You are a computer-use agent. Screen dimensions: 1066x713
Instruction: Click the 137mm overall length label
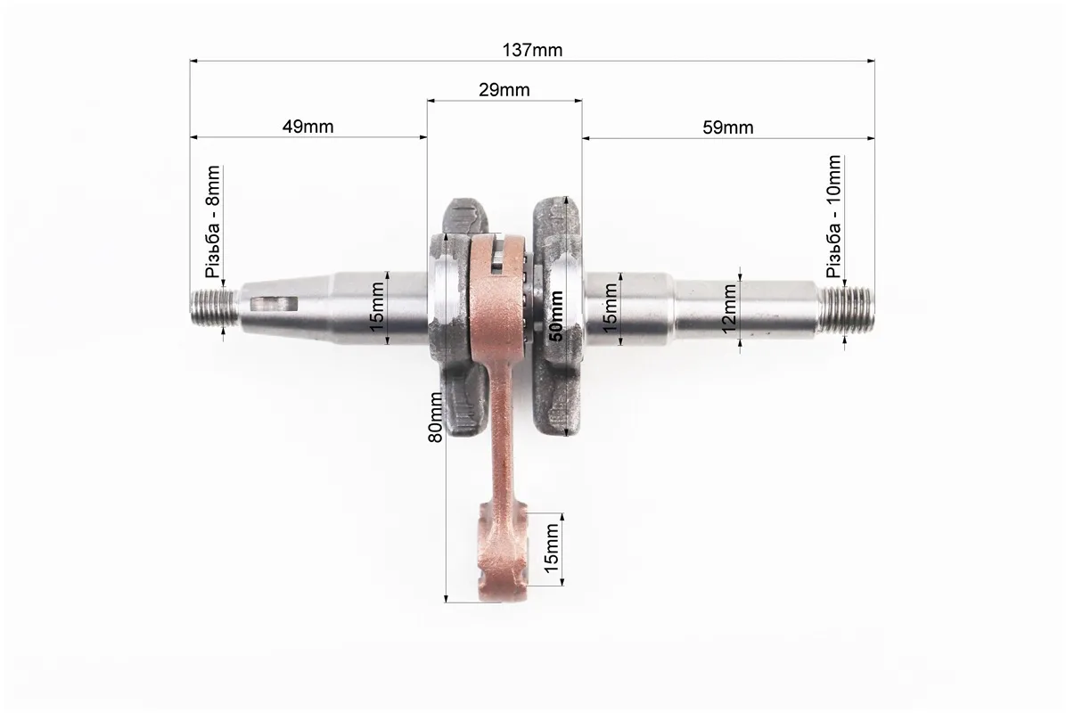coord(532,50)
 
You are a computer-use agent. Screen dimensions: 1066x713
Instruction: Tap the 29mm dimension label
coord(504,90)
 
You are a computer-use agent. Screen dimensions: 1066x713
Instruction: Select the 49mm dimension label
coord(308,127)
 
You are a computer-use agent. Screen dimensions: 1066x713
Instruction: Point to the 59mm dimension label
coord(727,127)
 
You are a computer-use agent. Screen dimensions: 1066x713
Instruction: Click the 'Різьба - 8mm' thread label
coord(213,222)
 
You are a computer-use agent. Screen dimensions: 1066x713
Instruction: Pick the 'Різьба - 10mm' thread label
coord(833,217)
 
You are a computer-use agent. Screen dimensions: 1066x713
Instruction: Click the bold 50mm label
coord(556,316)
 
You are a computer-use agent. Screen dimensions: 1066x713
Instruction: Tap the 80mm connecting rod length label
coord(435,417)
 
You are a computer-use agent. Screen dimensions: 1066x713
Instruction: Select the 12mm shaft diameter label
coord(729,308)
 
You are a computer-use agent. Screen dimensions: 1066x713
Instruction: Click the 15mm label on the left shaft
coord(378,307)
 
